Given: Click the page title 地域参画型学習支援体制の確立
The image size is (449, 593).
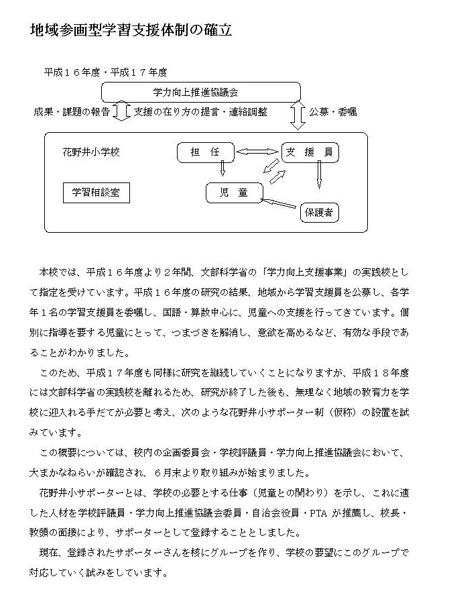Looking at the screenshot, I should [131, 31].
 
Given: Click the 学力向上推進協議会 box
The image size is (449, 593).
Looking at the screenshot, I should [200, 92].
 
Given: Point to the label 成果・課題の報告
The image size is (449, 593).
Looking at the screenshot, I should [72, 112].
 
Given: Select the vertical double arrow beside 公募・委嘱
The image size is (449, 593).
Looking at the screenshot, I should [298, 115].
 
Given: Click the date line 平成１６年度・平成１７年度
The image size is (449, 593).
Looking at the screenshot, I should [105, 71].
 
